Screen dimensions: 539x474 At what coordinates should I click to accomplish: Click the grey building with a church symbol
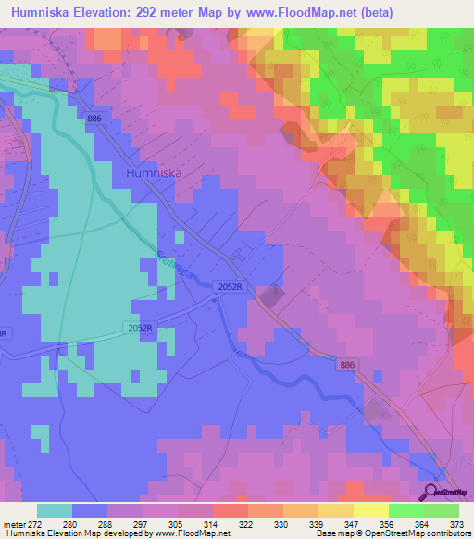click(x=270, y=297)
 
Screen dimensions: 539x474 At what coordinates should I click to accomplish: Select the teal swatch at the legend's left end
click(x=55, y=510)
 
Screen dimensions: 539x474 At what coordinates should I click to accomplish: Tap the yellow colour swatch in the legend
click(x=370, y=510)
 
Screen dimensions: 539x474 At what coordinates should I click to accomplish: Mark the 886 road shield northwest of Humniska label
click(x=94, y=119)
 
